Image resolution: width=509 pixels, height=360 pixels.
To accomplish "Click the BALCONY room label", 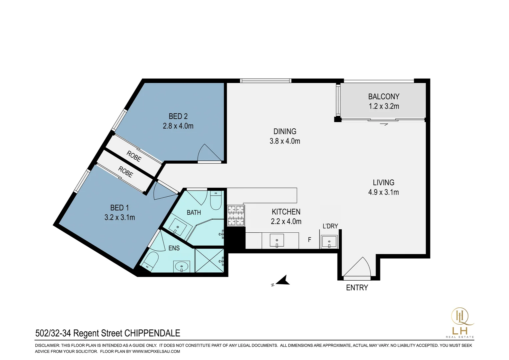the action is pyautogui.click(x=383, y=97).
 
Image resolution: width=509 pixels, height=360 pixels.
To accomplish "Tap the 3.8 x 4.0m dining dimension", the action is pyautogui.click(x=285, y=141).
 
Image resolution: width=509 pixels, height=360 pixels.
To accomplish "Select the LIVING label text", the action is pyautogui.click(x=383, y=182).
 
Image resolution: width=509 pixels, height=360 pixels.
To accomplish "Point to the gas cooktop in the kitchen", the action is pyautogui.click(x=236, y=215).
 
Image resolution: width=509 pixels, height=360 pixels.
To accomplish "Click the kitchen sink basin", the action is pyautogui.click(x=277, y=240).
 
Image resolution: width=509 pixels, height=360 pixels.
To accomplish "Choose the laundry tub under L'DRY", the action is pyautogui.click(x=329, y=242).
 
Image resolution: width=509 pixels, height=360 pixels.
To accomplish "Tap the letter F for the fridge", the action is pyautogui.click(x=309, y=239).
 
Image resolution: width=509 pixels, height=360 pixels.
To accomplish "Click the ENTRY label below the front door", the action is pyautogui.click(x=357, y=288).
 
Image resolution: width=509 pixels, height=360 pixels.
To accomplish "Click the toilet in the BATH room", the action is pyautogui.click(x=216, y=200).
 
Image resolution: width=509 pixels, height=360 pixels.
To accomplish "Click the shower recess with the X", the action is pyautogui.click(x=210, y=260).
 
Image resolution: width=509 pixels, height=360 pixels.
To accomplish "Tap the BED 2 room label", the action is pyautogui.click(x=178, y=116).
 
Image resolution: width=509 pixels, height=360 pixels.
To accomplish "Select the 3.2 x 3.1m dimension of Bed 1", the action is pyautogui.click(x=120, y=218).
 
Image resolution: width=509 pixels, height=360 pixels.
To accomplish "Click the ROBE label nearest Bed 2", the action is pyautogui.click(x=134, y=156).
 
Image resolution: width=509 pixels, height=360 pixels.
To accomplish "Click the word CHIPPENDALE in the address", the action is pyautogui.click(x=152, y=333).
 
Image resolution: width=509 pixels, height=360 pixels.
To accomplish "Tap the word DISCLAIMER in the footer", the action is pyautogui.click(x=47, y=345).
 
